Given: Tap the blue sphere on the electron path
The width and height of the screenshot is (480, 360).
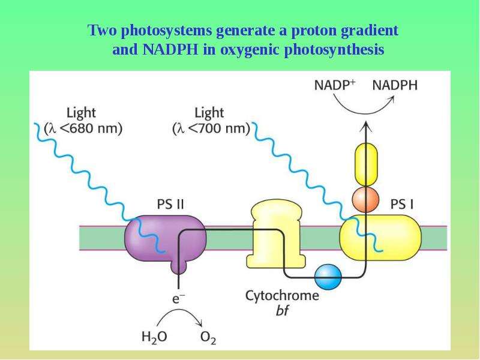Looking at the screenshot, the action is pyautogui.click(x=328, y=277).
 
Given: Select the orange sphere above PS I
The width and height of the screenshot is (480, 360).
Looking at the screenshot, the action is pyautogui.click(x=366, y=199).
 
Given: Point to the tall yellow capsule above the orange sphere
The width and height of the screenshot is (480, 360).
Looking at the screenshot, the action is pyautogui.click(x=366, y=164).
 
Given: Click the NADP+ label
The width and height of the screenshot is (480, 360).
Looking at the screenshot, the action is pyautogui.click(x=335, y=85).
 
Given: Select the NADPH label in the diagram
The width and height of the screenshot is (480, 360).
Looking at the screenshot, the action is pyautogui.click(x=395, y=85).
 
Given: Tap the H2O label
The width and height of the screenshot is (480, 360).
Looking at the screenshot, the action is pyautogui.click(x=154, y=337).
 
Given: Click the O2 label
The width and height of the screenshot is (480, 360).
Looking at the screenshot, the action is pyautogui.click(x=208, y=337).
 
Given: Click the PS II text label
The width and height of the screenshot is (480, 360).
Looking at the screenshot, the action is pyautogui.click(x=170, y=204).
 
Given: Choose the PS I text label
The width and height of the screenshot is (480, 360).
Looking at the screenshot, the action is pyautogui.click(x=402, y=204).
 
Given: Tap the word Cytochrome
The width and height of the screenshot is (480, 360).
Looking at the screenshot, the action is pyautogui.click(x=282, y=296).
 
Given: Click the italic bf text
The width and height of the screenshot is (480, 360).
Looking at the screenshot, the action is pyautogui.click(x=282, y=311).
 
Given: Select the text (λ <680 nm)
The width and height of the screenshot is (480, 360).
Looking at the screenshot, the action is pyautogui.click(x=83, y=128).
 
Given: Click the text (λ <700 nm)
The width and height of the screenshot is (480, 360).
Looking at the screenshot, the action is pyautogui.click(x=211, y=128).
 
